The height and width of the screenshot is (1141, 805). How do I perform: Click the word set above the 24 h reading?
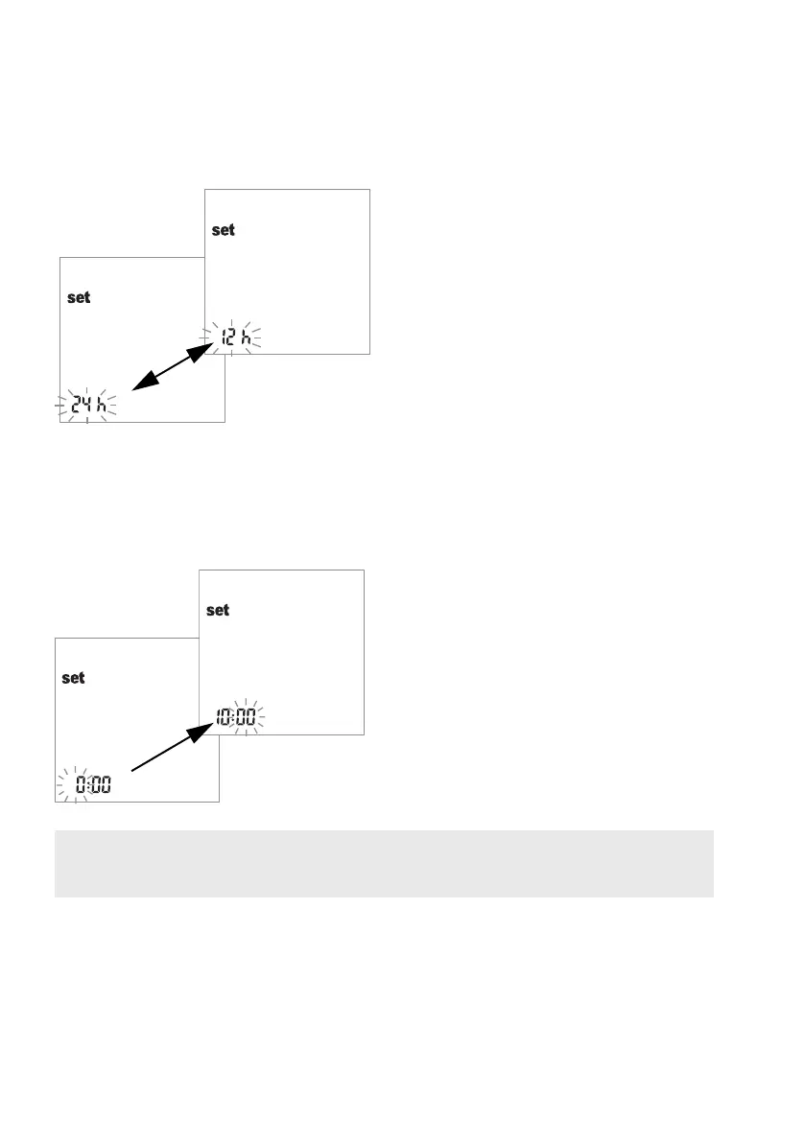pyautogui.click(x=79, y=297)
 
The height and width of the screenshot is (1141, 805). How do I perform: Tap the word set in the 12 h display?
pyautogui.click(x=223, y=230)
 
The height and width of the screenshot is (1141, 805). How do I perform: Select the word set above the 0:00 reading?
pyautogui.click(x=73, y=678)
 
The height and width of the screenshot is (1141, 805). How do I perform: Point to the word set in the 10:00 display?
pyautogui.click(x=218, y=610)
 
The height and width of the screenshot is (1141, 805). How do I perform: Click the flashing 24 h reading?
pyautogui.click(x=87, y=407)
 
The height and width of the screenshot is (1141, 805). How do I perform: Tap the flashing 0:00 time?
pyautogui.click(x=93, y=785)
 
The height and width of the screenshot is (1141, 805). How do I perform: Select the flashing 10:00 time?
pyautogui.click(x=236, y=716)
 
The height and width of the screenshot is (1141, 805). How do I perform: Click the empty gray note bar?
pyautogui.click(x=384, y=863)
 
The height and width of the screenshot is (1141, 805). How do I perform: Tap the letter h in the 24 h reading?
pyautogui.click(x=101, y=407)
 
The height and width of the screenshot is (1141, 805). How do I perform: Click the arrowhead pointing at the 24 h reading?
pyautogui.click(x=141, y=384)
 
